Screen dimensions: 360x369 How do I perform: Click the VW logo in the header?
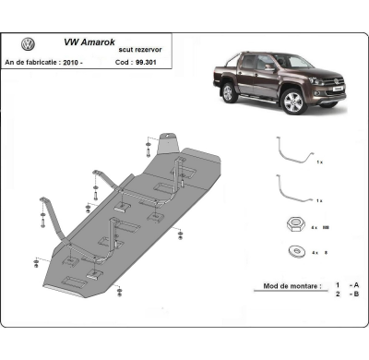(28, 44)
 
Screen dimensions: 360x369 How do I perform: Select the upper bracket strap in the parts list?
(294, 152)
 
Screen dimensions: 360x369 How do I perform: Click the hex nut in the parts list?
(292, 226)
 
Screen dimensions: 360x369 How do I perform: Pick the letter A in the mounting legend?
(355, 285)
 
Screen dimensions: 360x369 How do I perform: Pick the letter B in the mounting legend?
(355, 294)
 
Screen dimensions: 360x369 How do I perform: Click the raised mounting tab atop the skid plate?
(166, 142)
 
